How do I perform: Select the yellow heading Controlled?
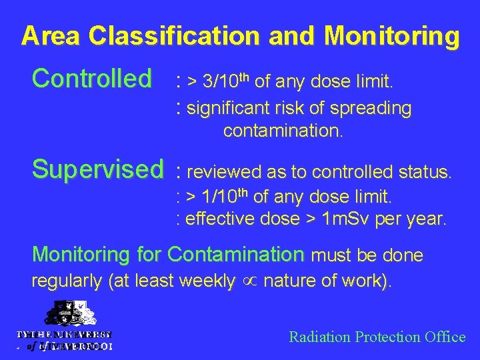tap(92, 79)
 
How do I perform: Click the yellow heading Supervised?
tap(97, 169)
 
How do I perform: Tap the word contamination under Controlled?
tap(283, 131)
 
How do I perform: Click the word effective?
tap(217, 218)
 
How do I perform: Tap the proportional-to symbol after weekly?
tap(249, 282)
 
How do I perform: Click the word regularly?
tap(67, 282)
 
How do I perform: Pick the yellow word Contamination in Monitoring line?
tap(236, 254)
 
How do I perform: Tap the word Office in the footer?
tap(444, 337)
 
